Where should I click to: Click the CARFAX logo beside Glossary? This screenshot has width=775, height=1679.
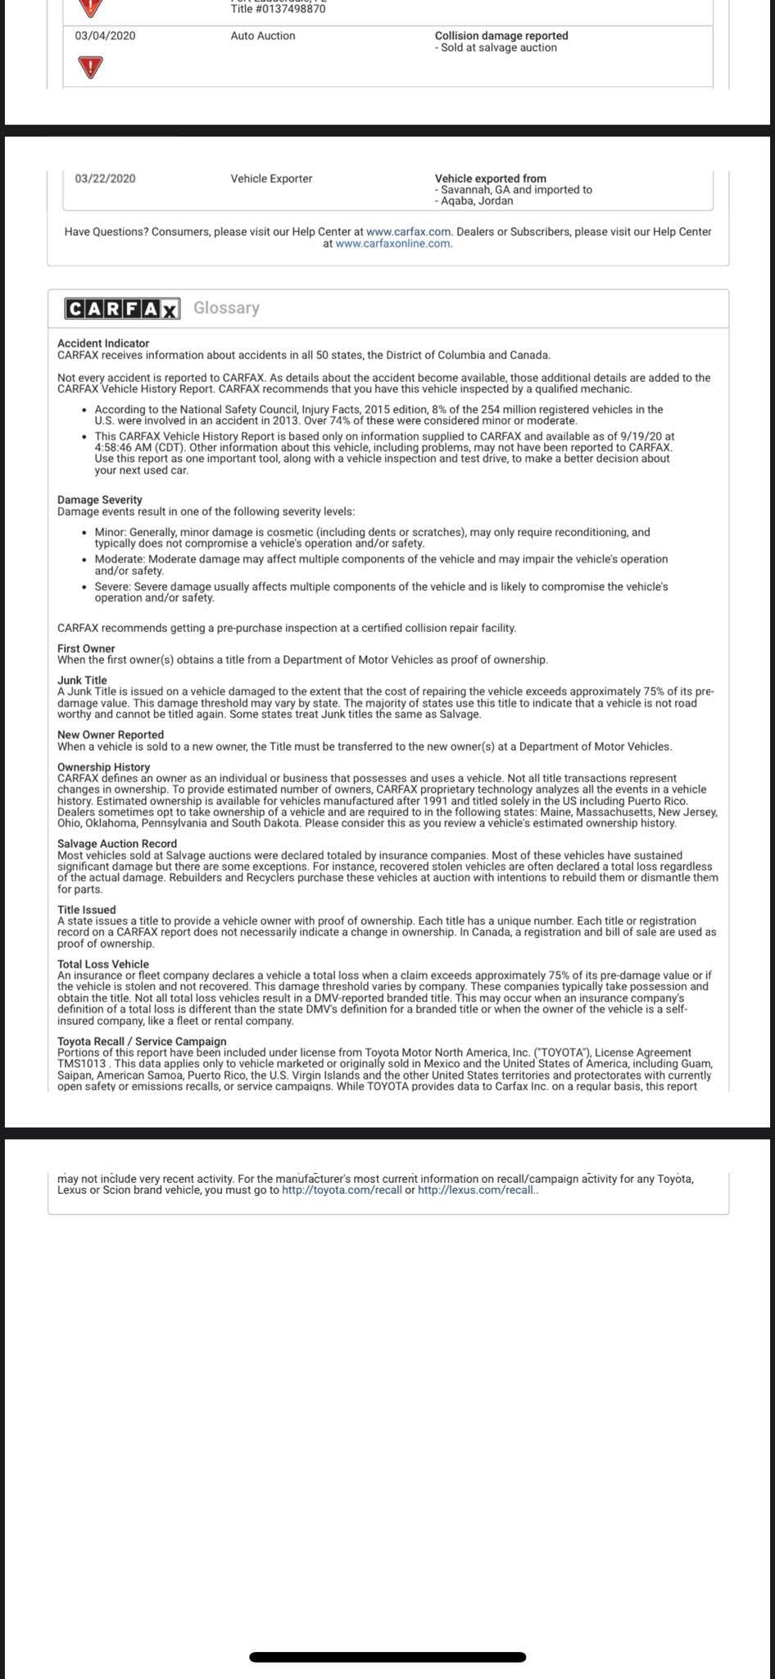(122, 308)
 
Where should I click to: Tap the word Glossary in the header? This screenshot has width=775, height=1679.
(226, 308)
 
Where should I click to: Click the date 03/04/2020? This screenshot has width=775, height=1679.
(105, 36)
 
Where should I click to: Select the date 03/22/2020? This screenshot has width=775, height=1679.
(105, 179)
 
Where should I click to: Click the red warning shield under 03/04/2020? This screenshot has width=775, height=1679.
(90, 67)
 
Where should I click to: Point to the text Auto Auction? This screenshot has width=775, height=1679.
(263, 36)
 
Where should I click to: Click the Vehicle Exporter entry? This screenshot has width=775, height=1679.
(271, 179)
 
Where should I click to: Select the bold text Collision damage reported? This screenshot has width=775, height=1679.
(501, 36)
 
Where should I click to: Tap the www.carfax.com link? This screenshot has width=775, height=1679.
(409, 232)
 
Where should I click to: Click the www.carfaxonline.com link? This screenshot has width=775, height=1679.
(393, 243)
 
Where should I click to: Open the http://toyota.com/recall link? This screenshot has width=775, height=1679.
(342, 1190)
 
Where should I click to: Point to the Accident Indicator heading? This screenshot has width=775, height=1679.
(103, 344)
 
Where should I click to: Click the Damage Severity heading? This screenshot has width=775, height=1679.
(100, 500)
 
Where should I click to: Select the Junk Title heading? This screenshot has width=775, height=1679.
(82, 680)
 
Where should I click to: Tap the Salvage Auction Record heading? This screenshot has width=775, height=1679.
(117, 844)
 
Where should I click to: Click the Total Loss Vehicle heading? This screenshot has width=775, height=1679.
(103, 964)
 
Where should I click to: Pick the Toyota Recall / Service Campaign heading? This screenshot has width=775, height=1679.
(142, 1041)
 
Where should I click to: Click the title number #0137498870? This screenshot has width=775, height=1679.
(279, 9)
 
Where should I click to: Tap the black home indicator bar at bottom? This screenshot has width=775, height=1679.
(387, 1657)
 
